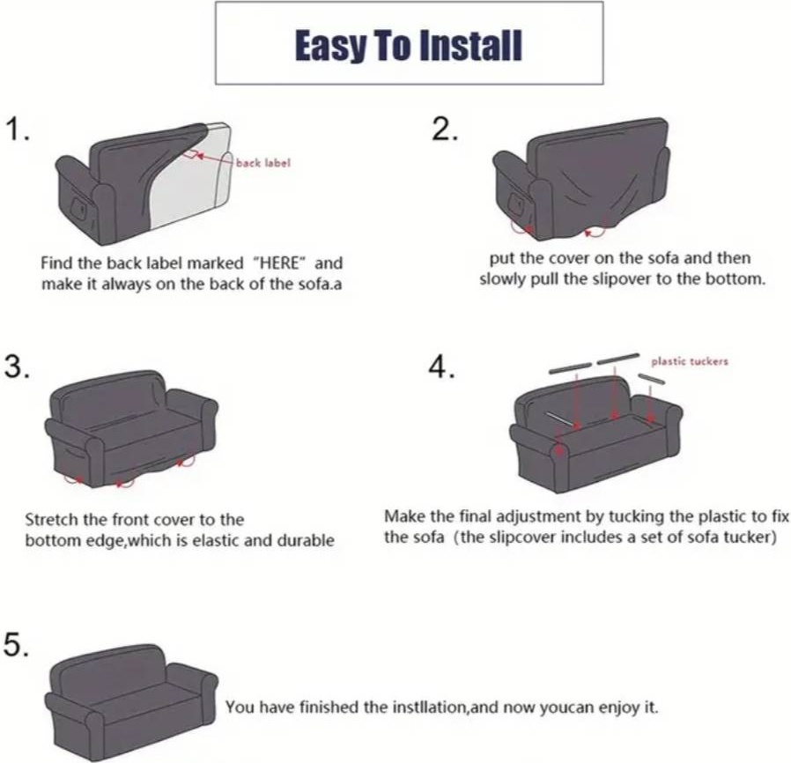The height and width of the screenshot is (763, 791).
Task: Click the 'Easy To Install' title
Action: (409, 46)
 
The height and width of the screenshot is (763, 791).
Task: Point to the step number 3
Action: (17, 367)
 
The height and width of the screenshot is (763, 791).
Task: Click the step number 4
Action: (442, 367)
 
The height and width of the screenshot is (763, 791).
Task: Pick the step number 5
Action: (16, 644)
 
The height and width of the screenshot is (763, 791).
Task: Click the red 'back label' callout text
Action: (263, 163)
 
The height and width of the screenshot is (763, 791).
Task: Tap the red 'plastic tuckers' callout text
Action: (690, 361)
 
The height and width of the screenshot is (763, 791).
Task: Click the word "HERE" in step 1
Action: (280, 263)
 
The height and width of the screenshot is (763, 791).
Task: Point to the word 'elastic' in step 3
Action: (217, 540)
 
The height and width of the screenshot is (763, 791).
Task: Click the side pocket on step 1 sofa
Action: (79, 206)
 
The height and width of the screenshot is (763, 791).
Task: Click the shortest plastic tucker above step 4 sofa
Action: (651, 379)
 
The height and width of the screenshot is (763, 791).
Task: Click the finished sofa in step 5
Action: (131, 701)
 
